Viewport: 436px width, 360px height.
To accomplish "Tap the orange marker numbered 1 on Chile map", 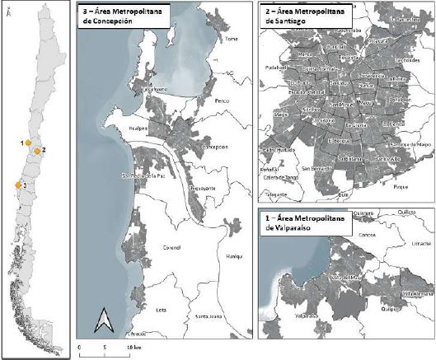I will [29, 143].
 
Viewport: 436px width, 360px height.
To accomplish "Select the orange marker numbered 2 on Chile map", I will [37, 151].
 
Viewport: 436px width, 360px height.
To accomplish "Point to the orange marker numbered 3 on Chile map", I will [17, 185].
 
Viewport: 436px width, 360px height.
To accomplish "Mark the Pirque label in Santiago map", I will [401, 189].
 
